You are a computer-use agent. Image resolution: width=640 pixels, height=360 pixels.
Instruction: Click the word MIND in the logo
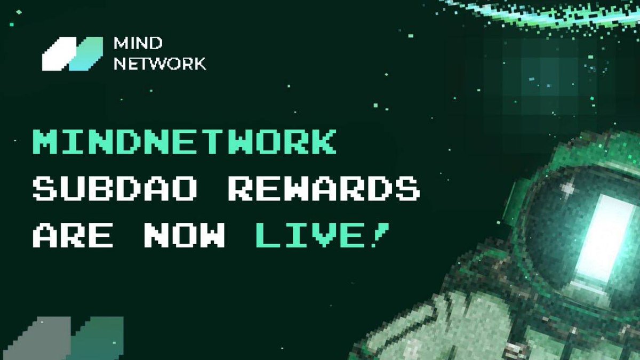click(133, 44)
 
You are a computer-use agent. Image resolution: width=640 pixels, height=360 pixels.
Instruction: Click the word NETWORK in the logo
click(160, 64)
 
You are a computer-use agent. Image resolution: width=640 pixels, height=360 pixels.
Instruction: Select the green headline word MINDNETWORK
click(183, 142)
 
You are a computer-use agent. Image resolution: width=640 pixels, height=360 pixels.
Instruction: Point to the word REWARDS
click(324, 189)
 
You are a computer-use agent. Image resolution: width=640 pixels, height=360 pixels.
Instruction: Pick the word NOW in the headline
click(185, 235)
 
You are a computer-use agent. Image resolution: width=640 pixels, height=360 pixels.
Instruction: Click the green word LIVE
click(309, 235)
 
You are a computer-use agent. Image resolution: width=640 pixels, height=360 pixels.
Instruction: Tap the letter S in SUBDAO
click(46, 189)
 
